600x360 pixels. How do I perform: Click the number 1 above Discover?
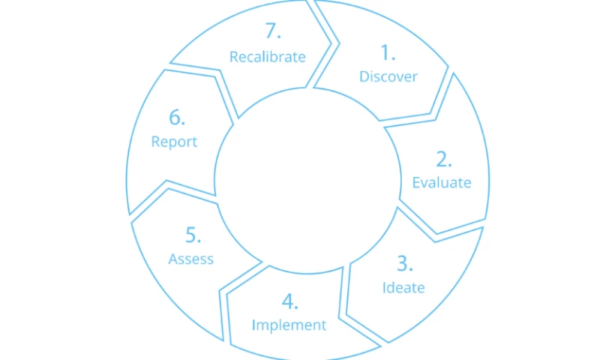(387, 52)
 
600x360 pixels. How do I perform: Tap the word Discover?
(388, 76)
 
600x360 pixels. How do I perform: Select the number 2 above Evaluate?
(444, 159)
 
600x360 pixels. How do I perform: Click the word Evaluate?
(442, 182)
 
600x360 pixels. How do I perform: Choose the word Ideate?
(403, 287)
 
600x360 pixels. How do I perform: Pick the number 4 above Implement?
(290, 301)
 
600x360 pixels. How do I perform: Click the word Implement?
(289, 325)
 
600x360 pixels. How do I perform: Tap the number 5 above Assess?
(193, 235)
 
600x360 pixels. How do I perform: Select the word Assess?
(191, 259)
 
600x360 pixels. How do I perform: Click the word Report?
(174, 141)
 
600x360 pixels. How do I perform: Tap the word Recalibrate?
(268, 56)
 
